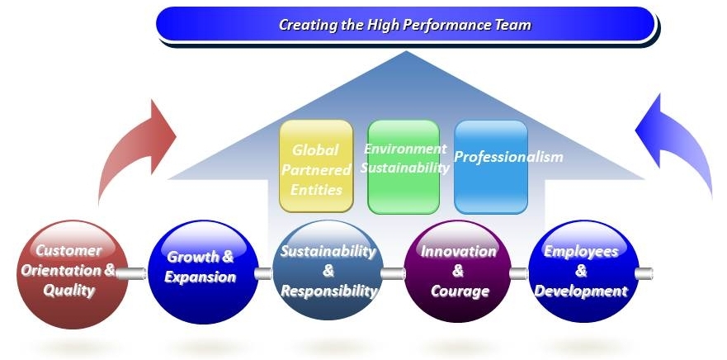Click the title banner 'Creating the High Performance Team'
[406, 24]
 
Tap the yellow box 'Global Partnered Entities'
[316, 166]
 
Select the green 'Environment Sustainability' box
[404, 167]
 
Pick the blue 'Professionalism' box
[491, 167]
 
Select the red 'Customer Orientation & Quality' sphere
[72, 274]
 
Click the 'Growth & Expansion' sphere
[203, 272]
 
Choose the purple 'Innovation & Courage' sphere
[457, 271]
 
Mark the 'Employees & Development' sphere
[583, 271]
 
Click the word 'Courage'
[460, 291]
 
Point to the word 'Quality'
[69, 291]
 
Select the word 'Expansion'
[201, 277]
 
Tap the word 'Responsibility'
[328, 291]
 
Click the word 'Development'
[581, 291]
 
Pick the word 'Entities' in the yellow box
[318, 189]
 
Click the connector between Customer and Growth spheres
[131, 273]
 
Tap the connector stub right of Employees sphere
[644, 273]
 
